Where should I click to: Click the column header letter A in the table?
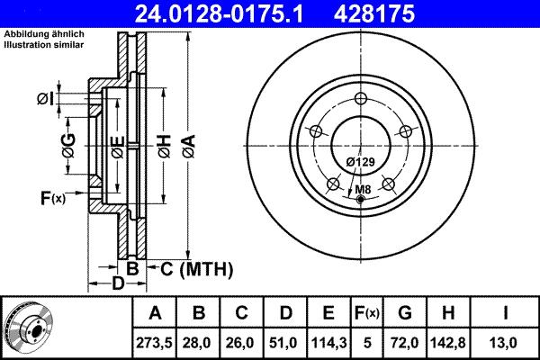click(155, 314)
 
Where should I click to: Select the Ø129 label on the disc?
click(361, 161)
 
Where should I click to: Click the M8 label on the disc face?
click(362, 189)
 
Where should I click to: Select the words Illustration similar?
click(47, 44)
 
